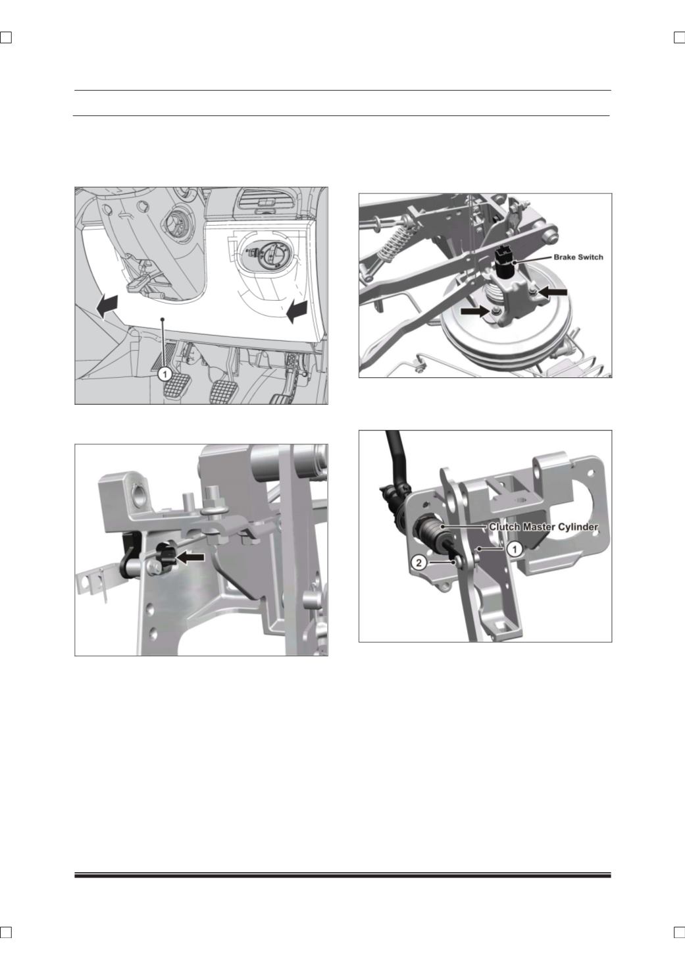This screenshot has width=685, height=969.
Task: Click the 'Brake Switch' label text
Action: tap(578, 257)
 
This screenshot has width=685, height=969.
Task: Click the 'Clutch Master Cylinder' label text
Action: tap(544, 527)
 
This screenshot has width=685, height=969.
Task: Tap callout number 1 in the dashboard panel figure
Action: tap(165, 373)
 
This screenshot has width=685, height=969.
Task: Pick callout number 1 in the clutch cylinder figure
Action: tap(514, 550)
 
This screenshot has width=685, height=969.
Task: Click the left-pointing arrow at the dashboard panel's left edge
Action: tap(107, 306)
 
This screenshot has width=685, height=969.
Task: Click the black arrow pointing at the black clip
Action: tap(191, 558)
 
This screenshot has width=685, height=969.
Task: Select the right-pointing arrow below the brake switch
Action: tap(475, 311)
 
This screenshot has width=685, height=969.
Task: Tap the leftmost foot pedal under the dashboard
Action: tap(175, 386)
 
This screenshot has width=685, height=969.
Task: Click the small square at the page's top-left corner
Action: tap(6, 38)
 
